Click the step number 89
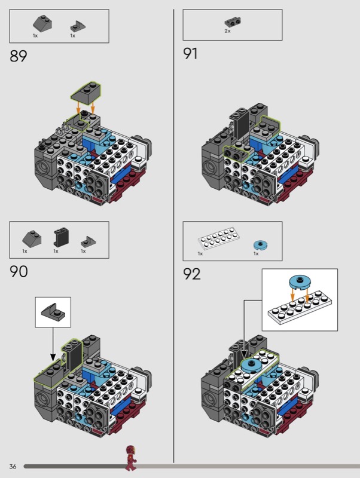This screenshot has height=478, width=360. pyautogui.click(x=19, y=56)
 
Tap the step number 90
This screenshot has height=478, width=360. pyautogui.click(x=19, y=271)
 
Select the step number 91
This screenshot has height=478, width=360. pyautogui.click(x=190, y=54)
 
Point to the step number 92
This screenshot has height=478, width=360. pyautogui.click(x=192, y=274)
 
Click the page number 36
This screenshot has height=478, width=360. pyautogui.click(x=13, y=467)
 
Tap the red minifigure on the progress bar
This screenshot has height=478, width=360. pyautogui.click(x=131, y=458)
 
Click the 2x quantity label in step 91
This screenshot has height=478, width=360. pyautogui.click(x=228, y=31)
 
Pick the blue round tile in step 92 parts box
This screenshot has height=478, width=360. pyautogui.click(x=261, y=244)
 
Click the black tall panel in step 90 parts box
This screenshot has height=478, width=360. pyautogui.click(x=62, y=237)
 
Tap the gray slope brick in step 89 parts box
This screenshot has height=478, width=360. pyautogui.click(x=42, y=24)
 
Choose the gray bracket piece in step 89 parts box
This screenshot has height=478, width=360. pyautogui.click(x=78, y=26)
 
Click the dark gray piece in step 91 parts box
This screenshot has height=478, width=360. pyautogui.click(x=233, y=22)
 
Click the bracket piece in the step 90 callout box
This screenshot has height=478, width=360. pyautogui.click(x=53, y=311)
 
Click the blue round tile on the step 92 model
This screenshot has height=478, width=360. pyautogui.click(x=252, y=364)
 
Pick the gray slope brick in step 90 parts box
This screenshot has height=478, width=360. pyautogui.click(x=32, y=238)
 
